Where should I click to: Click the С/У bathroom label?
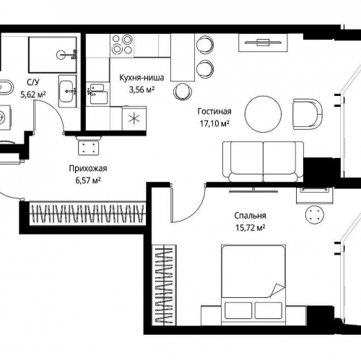point(33,83)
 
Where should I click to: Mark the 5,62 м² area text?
point(33,94)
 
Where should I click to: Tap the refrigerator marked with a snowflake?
point(132,117)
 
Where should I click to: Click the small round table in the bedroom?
point(315,214)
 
